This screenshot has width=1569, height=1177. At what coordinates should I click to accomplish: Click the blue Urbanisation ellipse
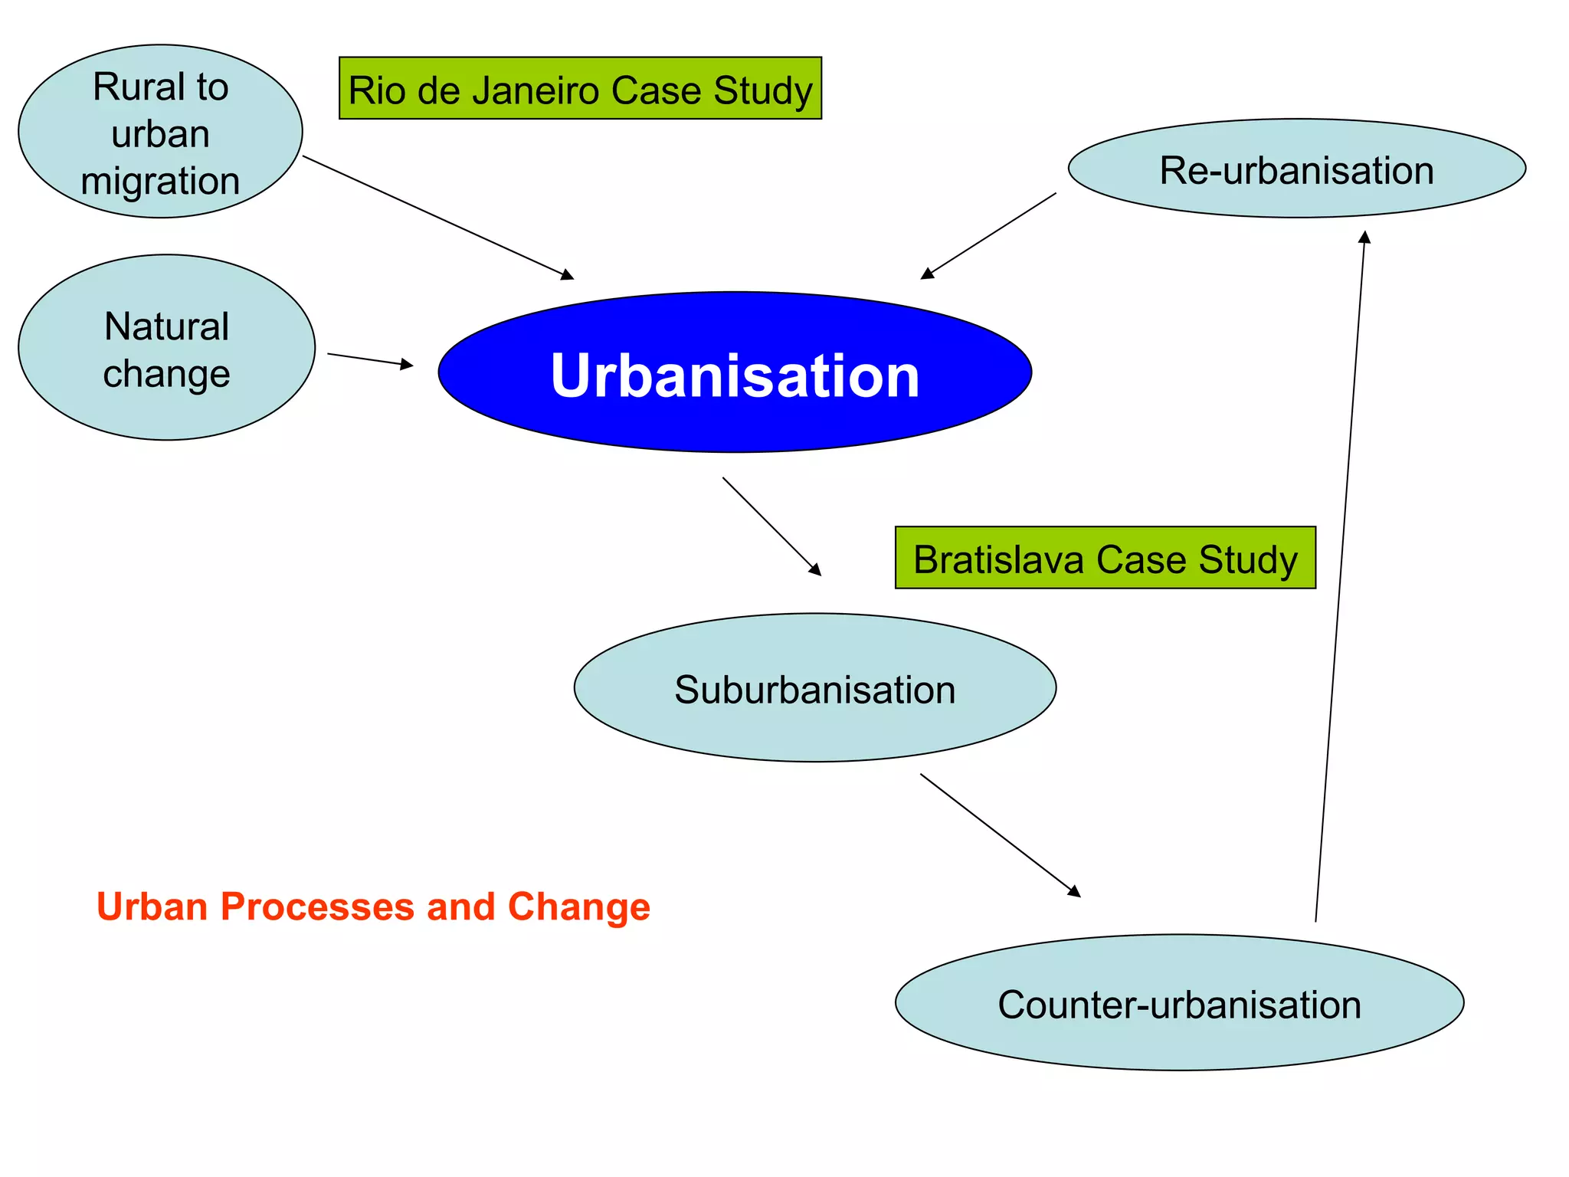click(x=734, y=372)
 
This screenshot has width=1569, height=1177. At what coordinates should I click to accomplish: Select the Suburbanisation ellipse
click(x=814, y=687)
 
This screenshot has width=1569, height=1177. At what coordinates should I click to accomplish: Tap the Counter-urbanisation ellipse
click(x=1178, y=1002)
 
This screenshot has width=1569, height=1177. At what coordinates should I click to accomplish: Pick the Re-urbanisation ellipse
click(x=1296, y=169)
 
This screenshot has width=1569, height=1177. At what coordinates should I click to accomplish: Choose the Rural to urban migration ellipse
click(x=160, y=132)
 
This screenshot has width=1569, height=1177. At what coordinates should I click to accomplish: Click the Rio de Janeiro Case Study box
click(x=580, y=89)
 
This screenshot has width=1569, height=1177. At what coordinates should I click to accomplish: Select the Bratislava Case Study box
click(x=1105, y=558)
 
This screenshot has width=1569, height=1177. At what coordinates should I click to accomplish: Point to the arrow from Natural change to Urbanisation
click(x=370, y=359)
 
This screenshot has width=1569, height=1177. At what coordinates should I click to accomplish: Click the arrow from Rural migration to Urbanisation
click(x=437, y=218)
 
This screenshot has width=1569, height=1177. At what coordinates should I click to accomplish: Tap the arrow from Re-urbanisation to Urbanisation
click(x=988, y=236)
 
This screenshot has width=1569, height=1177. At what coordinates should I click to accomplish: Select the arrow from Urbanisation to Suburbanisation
click(x=771, y=526)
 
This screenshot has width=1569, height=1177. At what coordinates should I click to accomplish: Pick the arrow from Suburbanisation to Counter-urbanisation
click(x=1000, y=834)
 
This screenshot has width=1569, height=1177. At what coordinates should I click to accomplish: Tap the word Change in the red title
click(x=578, y=907)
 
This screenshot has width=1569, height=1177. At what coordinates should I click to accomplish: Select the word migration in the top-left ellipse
click(x=160, y=181)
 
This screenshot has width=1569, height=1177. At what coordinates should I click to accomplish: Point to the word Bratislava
click(x=998, y=559)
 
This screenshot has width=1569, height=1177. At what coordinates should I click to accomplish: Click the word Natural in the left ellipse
click(x=166, y=326)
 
